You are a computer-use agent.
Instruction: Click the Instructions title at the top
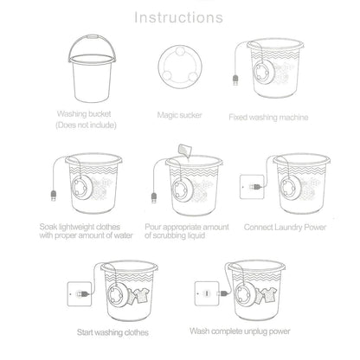coord(180,16)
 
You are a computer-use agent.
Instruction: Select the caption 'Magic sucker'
coord(179,113)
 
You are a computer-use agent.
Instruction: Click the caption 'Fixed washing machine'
coord(271,115)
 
